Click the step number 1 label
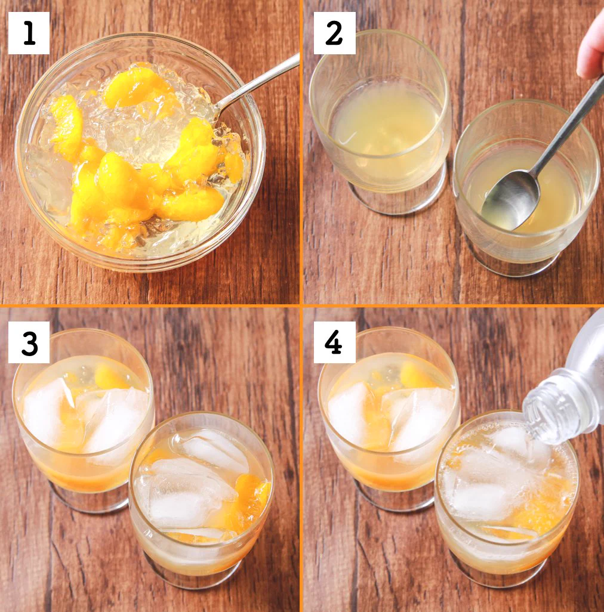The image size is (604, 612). (x=29, y=33)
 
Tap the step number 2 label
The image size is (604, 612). (x=334, y=33)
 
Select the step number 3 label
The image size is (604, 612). (x=29, y=342)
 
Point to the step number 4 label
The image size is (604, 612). (x=334, y=342)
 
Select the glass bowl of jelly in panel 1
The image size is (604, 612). (x=140, y=152)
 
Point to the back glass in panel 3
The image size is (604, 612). (x=84, y=420)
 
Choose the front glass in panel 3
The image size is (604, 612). (x=202, y=500)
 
